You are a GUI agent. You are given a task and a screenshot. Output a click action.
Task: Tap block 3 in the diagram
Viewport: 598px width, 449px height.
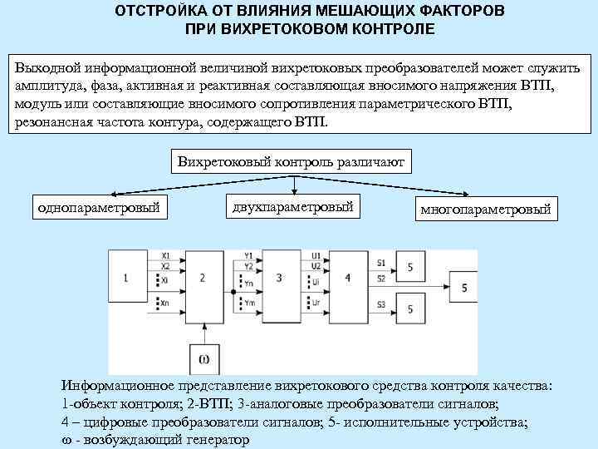click(279, 277)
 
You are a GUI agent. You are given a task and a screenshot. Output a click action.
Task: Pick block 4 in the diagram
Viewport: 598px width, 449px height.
click(348, 277)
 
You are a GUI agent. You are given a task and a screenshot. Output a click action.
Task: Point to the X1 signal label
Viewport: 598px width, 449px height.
click(166, 254)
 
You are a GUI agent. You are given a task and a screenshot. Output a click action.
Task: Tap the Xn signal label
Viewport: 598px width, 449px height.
click(166, 303)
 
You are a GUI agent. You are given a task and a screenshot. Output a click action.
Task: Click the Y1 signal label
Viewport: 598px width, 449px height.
click(248, 254)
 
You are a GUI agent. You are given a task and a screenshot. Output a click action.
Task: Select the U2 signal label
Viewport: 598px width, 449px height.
click(316, 265)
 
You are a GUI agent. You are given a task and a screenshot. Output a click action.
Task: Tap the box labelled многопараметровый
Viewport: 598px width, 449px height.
click(485, 209)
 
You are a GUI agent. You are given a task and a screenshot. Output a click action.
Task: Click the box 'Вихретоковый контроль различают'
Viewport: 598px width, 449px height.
click(291, 163)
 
